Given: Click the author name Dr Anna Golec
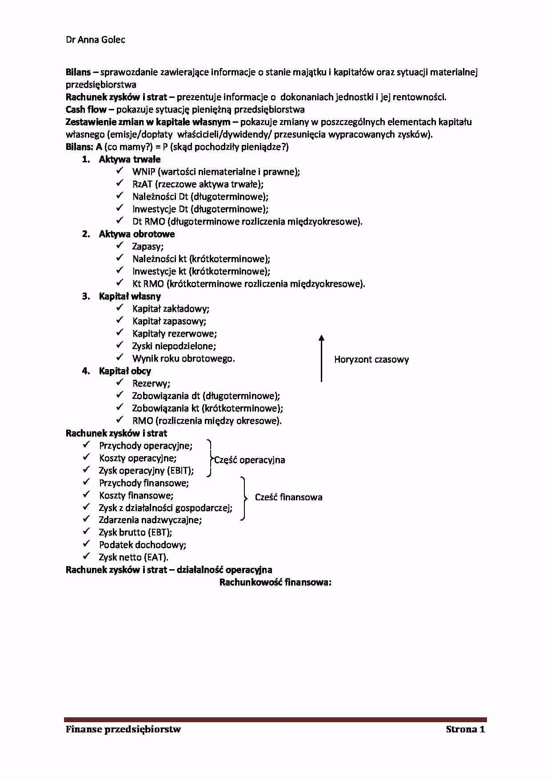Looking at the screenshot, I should [x=95, y=40].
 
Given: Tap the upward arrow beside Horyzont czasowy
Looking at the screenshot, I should [x=321, y=358].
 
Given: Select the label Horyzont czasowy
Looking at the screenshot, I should [x=371, y=360].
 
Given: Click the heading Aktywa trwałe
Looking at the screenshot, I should [x=129, y=160].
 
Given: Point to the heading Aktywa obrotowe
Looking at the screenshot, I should [x=136, y=234].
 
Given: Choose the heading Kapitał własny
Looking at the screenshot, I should [x=130, y=297].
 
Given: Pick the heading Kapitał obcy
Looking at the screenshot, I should [x=125, y=371].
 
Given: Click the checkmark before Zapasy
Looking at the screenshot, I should [x=120, y=246].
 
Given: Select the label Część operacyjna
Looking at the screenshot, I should [x=250, y=460].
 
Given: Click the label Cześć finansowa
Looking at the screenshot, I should [x=288, y=498].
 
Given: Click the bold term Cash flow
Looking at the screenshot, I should [x=86, y=110].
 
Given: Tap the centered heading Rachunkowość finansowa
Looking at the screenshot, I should [x=275, y=583].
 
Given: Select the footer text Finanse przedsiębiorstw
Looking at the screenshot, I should [x=123, y=729].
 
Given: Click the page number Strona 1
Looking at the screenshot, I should [x=465, y=729].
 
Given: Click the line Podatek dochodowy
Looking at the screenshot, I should [x=142, y=545].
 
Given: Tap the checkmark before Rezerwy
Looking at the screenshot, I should [x=120, y=383].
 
